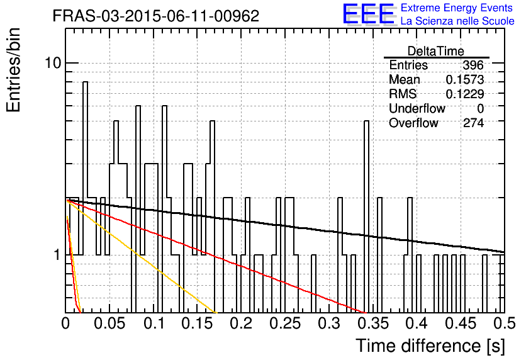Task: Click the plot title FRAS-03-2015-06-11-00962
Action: point(156,16)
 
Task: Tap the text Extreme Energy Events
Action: point(457,8)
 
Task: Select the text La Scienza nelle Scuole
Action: point(457,21)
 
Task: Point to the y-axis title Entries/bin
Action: point(13,70)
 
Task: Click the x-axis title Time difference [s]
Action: point(430,346)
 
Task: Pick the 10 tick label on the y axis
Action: point(53,63)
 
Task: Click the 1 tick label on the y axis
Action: point(57,255)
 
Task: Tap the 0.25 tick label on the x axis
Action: point(285,323)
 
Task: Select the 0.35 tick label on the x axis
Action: point(373,323)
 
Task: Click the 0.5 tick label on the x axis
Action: point(504,323)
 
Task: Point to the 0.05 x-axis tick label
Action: point(109,323)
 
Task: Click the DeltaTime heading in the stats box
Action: point(436,51)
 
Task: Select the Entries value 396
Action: point(473,65)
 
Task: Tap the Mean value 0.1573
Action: point(465,79)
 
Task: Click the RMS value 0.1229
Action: point(465,94)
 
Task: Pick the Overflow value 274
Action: point(473,123)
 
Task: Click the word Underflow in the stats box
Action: point(417,108)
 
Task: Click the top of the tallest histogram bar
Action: point(85,82)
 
